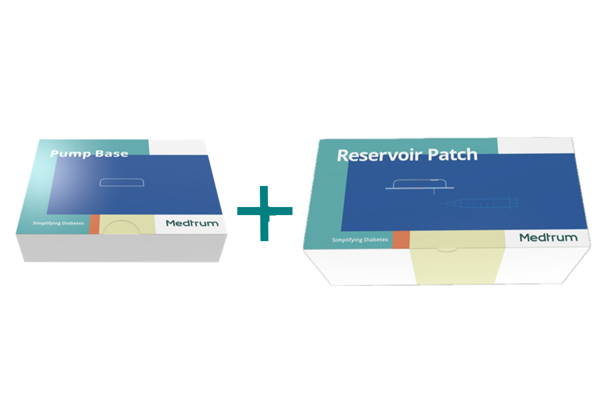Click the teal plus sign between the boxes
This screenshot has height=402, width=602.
pyautogui.click(x=264, y=213)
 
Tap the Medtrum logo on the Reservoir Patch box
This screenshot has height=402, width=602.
pyautogui.click(x=548, y=237)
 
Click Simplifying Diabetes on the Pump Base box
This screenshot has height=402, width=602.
pyautogui.click(x=58, y=223)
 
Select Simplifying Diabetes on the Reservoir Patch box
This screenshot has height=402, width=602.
pyautogui.click(x=360, y=240)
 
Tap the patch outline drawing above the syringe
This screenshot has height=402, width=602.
pyautogui.click(x=419, y=184)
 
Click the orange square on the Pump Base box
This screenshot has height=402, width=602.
pyautogui.click(x=94, y=225)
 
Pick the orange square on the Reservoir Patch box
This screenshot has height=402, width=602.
pyautogui.click(x=401, y=240)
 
